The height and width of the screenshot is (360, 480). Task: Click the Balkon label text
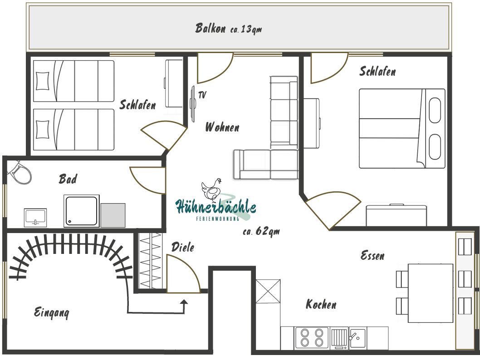(211, 28)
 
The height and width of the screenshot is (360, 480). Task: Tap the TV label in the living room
(202, 95)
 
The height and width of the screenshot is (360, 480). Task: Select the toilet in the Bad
(20, 172)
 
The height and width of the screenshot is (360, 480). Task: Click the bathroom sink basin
(35, 218)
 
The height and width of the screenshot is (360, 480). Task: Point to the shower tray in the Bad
(81, 211)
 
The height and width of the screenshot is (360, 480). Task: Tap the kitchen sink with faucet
(358, 338)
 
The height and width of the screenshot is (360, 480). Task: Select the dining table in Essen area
(430, 293)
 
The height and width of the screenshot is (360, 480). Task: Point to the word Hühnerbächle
(216, 206)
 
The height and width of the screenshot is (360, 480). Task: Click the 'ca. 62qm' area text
(261, 231)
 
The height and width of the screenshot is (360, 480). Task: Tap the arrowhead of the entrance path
(184, 302)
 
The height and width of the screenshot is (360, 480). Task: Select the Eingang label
(51, 312)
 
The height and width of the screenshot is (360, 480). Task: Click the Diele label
(183, 247)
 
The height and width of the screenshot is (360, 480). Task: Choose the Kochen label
(321, 304)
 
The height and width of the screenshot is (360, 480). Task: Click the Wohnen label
(222, 127)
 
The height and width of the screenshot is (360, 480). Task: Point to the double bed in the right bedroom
(402, 128)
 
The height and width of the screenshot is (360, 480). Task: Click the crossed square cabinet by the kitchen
(268, 291)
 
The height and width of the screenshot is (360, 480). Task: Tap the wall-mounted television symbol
(193, 104)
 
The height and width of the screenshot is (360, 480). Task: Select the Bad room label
(68, 179)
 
